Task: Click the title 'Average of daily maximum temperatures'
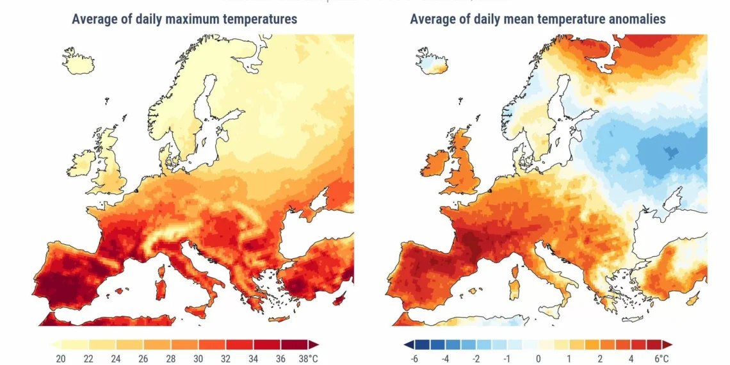(184, 19)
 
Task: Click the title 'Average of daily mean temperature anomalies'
(538, 19)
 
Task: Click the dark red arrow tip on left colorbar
(314, 345)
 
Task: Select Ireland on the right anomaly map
(433, 163)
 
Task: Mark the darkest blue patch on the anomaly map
(670, 152)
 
